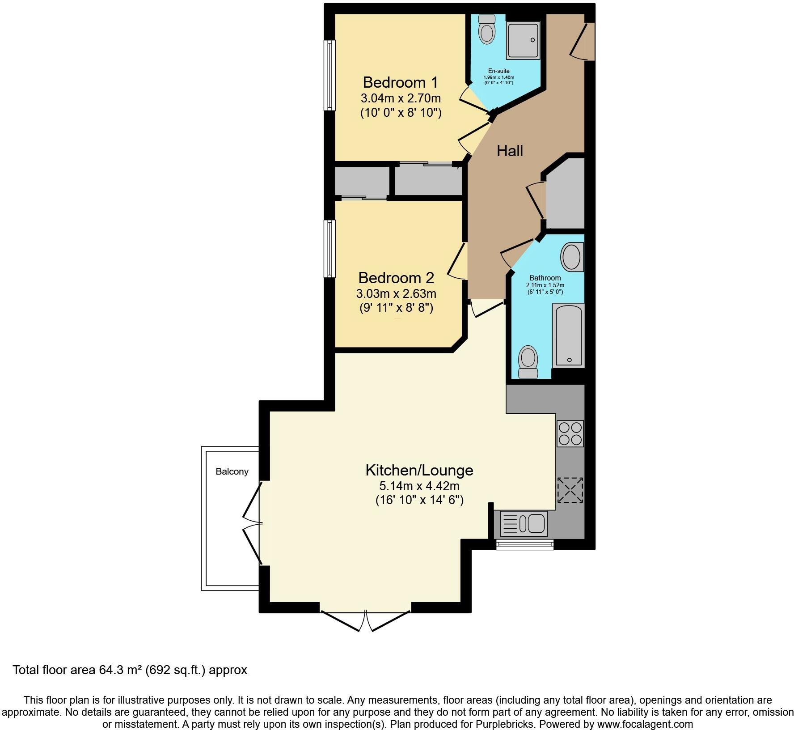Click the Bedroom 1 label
pos(400,82)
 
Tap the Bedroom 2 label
pos(396,278)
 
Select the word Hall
pos(510,151)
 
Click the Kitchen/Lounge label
pos(419,470)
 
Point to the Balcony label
pos(232,471)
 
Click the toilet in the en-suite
pos(486,29)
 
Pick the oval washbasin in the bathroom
pos(572,257)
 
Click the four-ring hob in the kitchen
pos(570,433)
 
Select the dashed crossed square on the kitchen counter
pos(570,490)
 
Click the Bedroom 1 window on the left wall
pos(329,75)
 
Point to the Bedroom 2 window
pos(329,248)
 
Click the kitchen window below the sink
pos(524,544)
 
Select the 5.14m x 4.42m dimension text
pos(419,486)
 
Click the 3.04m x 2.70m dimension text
pos(401,98)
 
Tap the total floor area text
pos(130,670)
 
